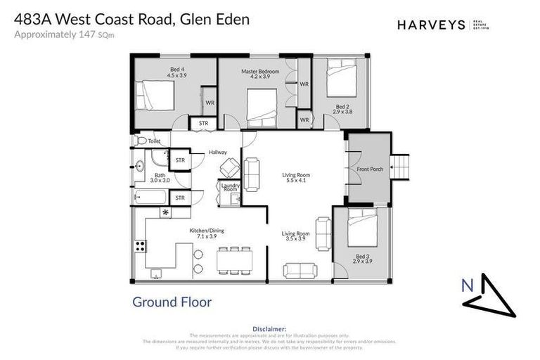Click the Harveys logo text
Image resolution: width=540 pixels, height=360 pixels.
431,25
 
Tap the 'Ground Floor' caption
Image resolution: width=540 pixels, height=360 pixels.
172,302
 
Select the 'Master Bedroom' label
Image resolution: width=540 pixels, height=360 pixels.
260,72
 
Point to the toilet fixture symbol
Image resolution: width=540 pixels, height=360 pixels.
141,141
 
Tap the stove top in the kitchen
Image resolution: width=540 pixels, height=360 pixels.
140,246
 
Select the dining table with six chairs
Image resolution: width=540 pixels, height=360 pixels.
233,259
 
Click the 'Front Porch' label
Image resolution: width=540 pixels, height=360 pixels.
369,169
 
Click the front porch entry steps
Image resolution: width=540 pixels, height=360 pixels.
399,167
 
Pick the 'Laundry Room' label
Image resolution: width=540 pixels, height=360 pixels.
231,188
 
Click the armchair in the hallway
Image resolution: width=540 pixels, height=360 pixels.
229,167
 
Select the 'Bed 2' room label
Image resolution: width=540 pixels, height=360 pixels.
342,109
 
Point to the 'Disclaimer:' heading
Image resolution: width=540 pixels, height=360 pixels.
269,328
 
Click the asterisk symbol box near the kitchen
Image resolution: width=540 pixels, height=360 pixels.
166,212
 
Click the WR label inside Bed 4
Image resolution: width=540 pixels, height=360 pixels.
210,103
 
